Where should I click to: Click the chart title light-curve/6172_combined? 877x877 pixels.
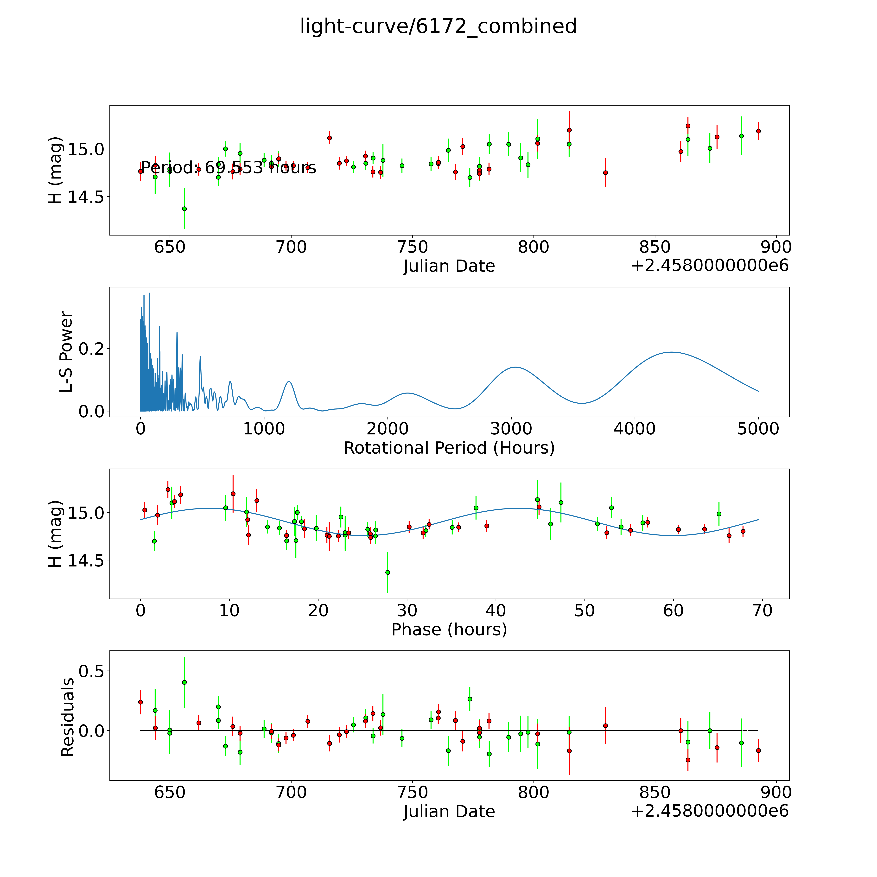pyautogui.click(x=438, y=26)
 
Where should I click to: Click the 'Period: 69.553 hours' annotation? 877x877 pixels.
pyautogui.click(x=228, y=168)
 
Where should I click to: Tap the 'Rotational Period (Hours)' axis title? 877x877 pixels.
pyautogui.click(x=449, y=448)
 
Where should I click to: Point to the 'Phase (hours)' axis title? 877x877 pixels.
pyautogui.click(x=449, y=630)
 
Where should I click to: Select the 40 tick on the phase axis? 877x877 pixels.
pyautogui.click(x=496, y=610)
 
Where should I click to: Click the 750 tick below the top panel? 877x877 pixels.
pyautogui.click(x=412, y=247)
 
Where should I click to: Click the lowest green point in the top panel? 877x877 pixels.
pyautogui.click(x=184, y=209)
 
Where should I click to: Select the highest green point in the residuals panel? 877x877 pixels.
pyautogui.click(x=184, y=682)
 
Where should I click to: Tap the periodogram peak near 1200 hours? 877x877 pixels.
pyautogui.click(x=289, y=382)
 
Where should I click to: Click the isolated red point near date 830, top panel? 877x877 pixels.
pyautogui.click(x=605, y=172)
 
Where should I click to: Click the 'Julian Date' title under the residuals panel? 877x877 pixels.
pyautogui.click(x=449, y=811)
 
